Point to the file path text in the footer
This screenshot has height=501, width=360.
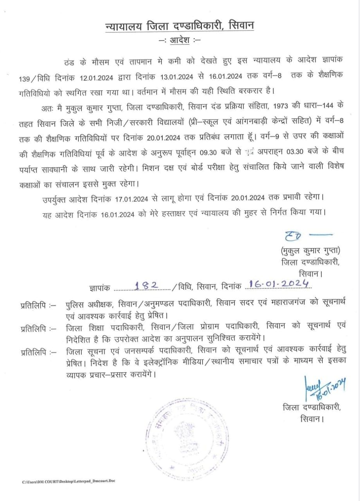point(68,481)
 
